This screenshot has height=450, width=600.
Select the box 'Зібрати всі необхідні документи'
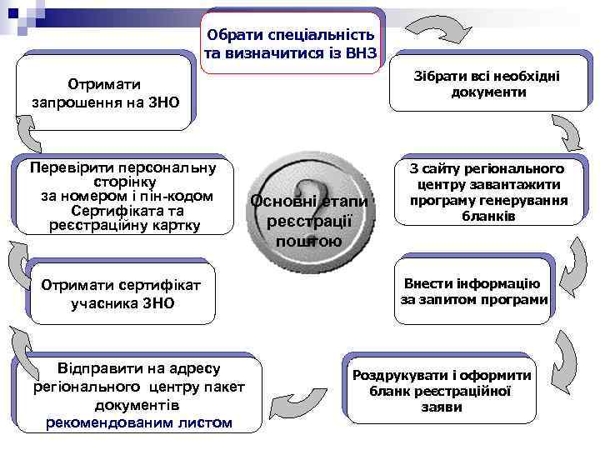click(487, 83)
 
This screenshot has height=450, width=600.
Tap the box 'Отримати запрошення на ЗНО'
click(106, 93)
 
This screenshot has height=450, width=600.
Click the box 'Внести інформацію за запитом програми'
click(474, 291)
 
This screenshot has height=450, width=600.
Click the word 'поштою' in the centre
click(308, 242)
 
